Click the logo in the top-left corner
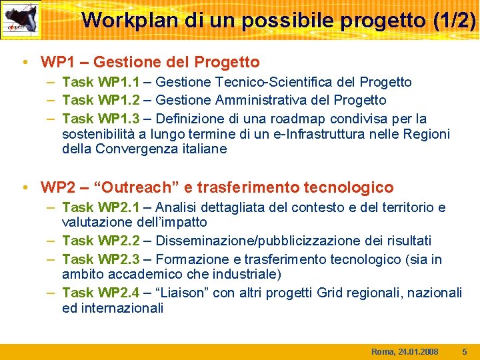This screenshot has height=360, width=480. (21, 20)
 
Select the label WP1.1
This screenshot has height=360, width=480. (119, 83)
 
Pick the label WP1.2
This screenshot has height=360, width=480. (119, 100)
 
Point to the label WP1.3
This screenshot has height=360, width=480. (119, 119)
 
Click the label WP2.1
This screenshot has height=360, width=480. (119, 208)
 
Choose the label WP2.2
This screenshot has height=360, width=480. (119, 240)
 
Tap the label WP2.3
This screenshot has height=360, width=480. (119, 259)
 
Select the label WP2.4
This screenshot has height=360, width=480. (119, 293)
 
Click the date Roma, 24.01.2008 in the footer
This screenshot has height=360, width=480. (405, 351)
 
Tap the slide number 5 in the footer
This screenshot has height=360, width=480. (465, 351)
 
